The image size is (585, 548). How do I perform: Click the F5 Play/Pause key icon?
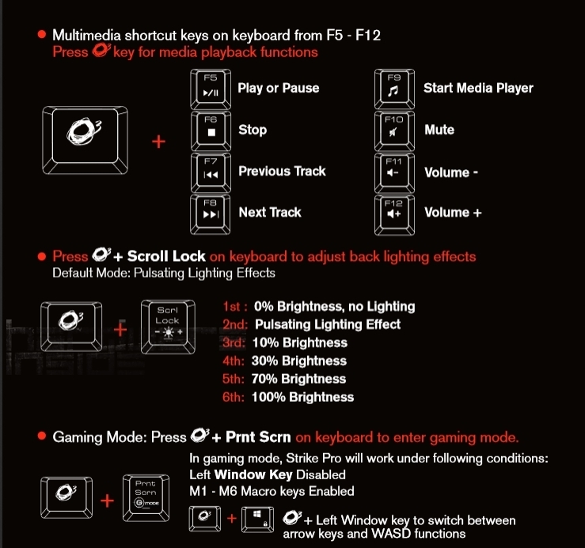[x=211, y=89]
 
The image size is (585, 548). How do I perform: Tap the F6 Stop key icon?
[x=211, y=130]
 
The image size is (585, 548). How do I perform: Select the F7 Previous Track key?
[x=211, y=172]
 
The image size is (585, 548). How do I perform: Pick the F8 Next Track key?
[x=211, y=214]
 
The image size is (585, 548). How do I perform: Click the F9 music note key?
[x=394, y=89]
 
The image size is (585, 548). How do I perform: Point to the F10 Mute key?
[x=394, y=130]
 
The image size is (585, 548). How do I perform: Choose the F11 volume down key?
[x=394, y=172]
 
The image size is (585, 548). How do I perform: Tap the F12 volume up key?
[x=394, y=215]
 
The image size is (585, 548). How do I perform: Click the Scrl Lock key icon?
[x=168, y=327]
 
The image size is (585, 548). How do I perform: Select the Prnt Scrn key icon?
[x=146, y=497]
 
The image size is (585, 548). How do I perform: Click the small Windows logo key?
[x=258, y=518]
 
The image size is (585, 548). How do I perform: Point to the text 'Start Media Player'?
[x=478, y=88]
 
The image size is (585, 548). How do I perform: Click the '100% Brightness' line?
[x=302, y=397]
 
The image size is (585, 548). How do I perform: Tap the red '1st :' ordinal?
[x=235, y=307]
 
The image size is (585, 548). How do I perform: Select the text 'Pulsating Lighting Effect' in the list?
[x=328, y=324]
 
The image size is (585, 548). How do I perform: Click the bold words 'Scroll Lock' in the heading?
[x=166, y=256]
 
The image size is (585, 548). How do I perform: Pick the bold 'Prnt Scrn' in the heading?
[x=258, y=437]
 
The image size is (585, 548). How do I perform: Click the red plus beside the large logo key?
[x=158, y=142]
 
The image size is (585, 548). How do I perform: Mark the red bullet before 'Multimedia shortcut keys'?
[x=42, y=35]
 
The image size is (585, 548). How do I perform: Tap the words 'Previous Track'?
[x=282, y=171]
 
